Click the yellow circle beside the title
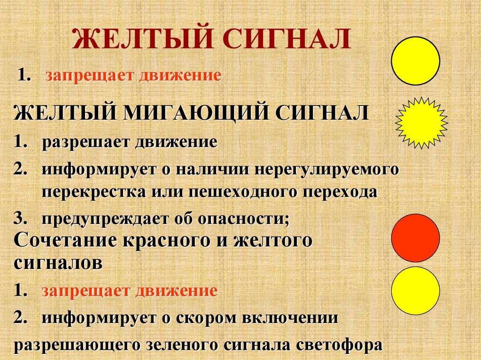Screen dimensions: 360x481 pyautogui.click(x=416, y=61)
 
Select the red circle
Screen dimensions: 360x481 pyautogui.click(x=416, y=237)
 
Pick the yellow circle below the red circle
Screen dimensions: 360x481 pyautogui.click(x=416, y=291)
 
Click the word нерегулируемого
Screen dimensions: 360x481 pyautogui.click(x=327, y=169)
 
